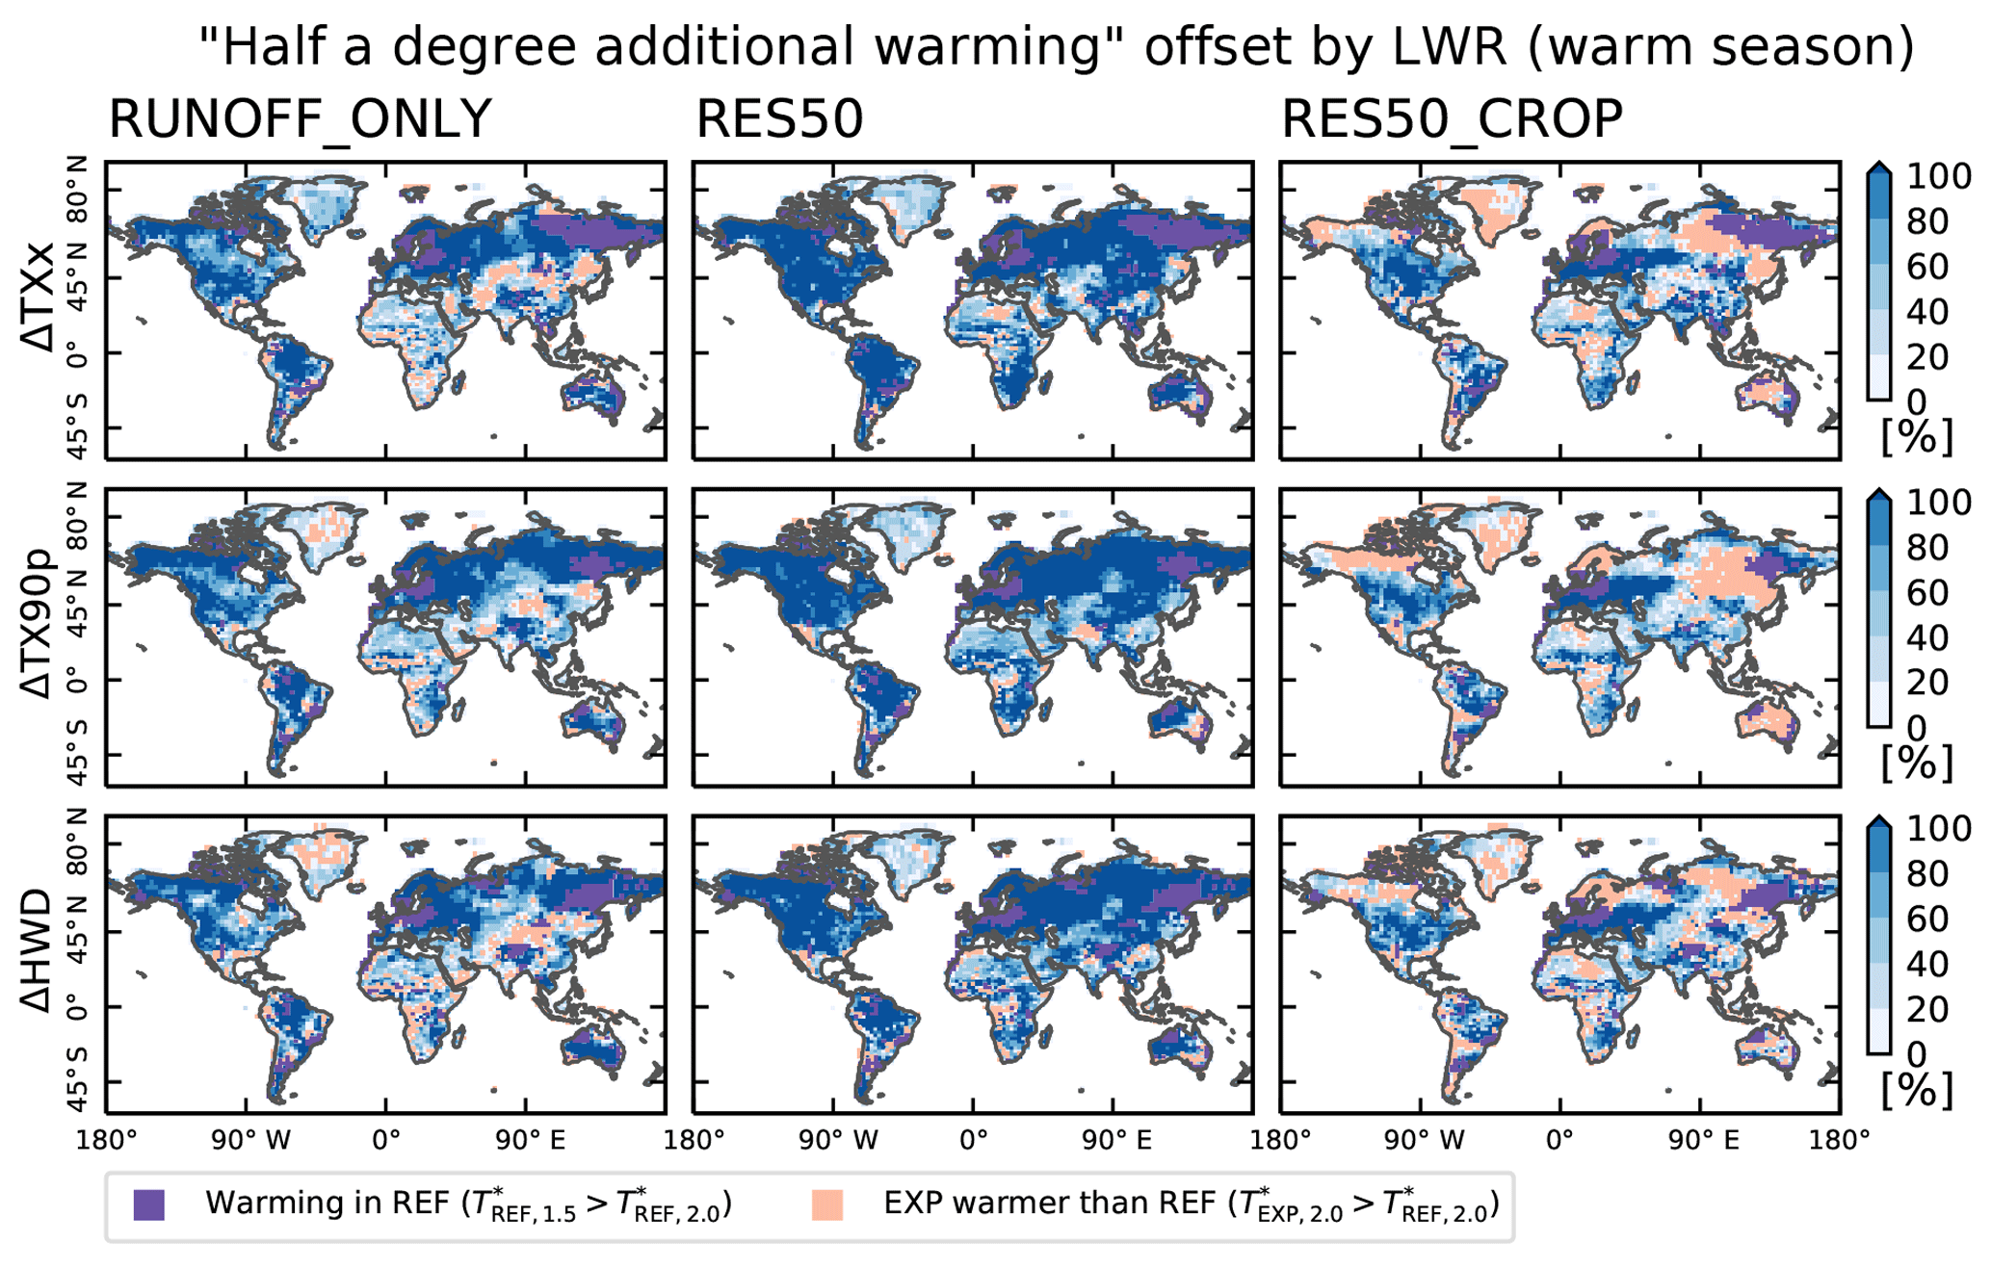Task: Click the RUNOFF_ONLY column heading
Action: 300,120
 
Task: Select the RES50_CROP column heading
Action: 1452,120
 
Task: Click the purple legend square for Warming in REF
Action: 149,1204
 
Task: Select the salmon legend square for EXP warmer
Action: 827,1204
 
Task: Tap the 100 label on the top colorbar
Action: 1939,177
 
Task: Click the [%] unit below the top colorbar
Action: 1917,437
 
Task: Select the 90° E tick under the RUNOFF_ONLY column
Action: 531,1141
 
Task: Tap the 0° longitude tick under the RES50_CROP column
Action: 1559,1141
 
